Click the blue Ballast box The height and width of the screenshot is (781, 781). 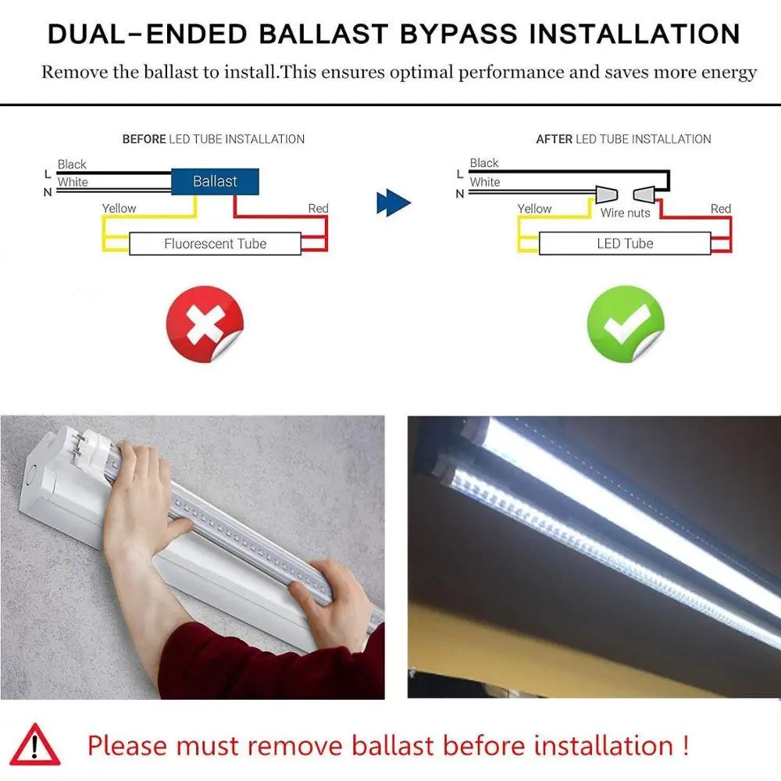[215, 182]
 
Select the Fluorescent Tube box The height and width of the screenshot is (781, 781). [215, 244]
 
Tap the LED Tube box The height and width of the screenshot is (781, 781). [625, 244]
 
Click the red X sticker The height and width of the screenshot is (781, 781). [205, 324]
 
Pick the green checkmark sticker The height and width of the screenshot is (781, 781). [625, 324]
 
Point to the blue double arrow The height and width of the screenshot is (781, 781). [393, 204]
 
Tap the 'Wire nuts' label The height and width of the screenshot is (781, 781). [625, 213]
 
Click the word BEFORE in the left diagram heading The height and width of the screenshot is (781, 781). [144, 139]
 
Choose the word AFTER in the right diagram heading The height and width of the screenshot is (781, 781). [554, 139]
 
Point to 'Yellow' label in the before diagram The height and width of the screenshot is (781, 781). [119, 209]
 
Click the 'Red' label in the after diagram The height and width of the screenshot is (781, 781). [720, 209]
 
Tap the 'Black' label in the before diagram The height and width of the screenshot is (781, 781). [72, 164]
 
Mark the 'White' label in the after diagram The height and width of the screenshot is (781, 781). [484, 182]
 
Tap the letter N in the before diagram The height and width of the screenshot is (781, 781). [47, 192]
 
